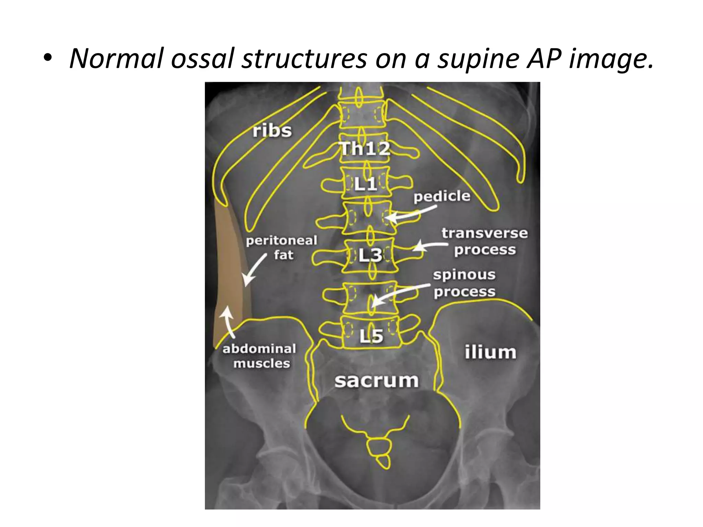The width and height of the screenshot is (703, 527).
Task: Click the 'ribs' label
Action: pos(272,131)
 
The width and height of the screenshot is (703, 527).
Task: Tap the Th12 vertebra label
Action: pos(365,149)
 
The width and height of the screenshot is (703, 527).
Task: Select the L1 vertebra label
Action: pos(366,185)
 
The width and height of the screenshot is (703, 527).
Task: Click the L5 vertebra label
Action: pos(371,336)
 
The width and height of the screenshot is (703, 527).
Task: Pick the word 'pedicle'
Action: pos(442,197)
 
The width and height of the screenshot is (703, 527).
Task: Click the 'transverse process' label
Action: pos(484,242)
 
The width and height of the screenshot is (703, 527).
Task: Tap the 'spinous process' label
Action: pos(464,283)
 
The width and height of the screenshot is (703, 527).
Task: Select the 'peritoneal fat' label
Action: pos(282,247)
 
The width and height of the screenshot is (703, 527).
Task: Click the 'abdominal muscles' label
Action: pos(260,356)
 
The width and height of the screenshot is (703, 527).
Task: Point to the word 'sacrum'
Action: pos(377,381)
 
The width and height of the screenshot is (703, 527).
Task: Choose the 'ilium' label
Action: pos(490,352)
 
